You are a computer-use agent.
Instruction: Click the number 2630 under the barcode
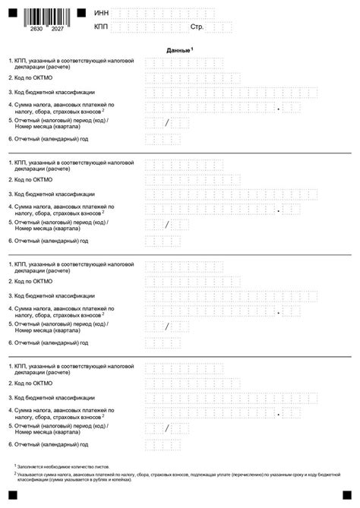tap(36, 28)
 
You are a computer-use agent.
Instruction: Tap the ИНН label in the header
tap(100, 14)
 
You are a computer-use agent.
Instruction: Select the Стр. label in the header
tap(197, 27)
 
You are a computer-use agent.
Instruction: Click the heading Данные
tap(179, 49)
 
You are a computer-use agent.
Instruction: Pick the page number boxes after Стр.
tap(221, 27)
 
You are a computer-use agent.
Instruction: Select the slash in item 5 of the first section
tap(166, 123)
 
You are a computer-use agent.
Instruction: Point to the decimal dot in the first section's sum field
tap(279, 108)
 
